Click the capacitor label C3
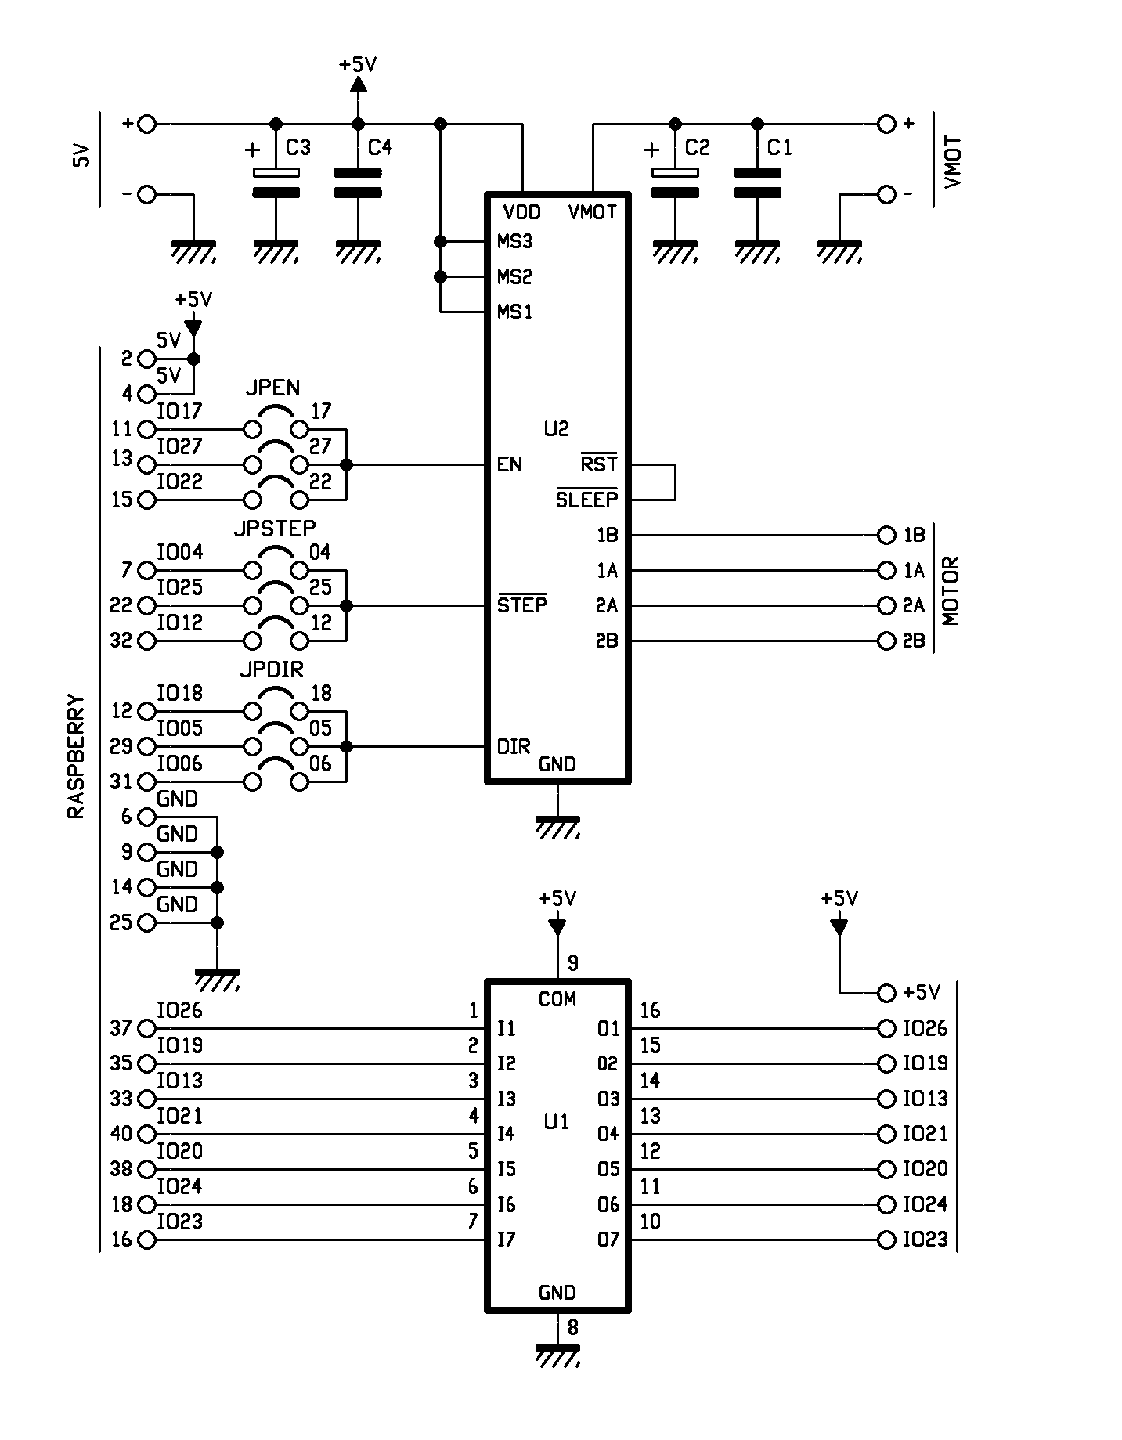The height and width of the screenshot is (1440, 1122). pyautogui.click(x=298, y=147)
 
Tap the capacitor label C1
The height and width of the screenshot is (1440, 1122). pyautogui.click(x=779, y=147)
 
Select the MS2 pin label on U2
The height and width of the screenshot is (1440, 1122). pyautogui.click(x=514, y=276)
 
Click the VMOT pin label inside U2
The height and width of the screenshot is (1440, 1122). pyautogui.click(x=593, y=212)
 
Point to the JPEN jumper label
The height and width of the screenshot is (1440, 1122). pyautogui.click(x=272, y=388)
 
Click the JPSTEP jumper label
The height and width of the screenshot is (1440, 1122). pyautogui.click(x=275, y=529)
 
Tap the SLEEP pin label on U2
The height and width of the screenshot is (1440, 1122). pyautogui.click(x=587, y=499)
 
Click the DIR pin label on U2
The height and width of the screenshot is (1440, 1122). pyautogui.click(x=514, y=746)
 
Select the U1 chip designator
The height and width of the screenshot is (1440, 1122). pyautogui.click(x=556, y=1122)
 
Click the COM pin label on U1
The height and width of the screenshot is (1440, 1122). pyautogui.click(x=557, y=999)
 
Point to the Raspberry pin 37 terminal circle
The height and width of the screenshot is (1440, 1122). pyautogui.click(x=146, y=1028)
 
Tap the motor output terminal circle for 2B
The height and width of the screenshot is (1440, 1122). pyautogui.click(x=886, y=641)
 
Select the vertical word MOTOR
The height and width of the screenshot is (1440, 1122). pyautogui.click(x=951, y=591)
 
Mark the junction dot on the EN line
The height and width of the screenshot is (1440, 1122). pyautogui.click(x=347, y=465)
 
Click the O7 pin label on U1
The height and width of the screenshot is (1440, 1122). pyautogui.click(x=608, y=1240)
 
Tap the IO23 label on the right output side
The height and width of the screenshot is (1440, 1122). pyautogui.click(x=925, y=1240)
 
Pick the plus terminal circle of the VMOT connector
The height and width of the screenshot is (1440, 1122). pyautogui.click(x=886, y=124)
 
